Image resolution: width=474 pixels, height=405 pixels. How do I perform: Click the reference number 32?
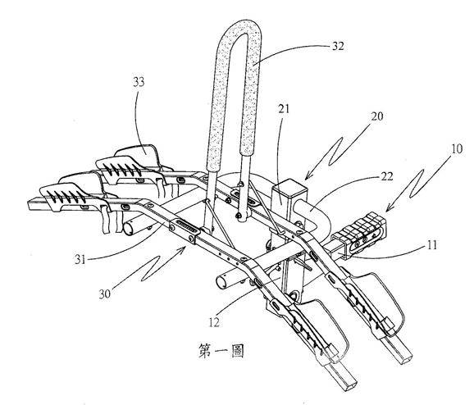click(338, 46)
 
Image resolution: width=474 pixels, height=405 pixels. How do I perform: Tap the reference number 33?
click(139, 82)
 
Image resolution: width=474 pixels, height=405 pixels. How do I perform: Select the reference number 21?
click(284, 109)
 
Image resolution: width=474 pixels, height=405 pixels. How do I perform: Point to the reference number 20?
click(376, 116)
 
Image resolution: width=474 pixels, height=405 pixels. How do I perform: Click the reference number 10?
click(457, 148)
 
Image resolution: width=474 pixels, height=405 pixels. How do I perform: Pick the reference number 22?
click(386, 176)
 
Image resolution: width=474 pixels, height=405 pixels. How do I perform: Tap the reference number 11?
click(432, 245)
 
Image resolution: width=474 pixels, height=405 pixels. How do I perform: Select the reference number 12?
click(214, 322)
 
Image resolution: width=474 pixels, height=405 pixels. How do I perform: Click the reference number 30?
click(105, 294)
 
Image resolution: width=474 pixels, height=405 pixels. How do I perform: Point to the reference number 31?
click(80, 259)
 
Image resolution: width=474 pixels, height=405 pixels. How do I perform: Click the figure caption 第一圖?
click(221, 351)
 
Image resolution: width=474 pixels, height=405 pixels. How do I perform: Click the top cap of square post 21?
click(289, 184)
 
